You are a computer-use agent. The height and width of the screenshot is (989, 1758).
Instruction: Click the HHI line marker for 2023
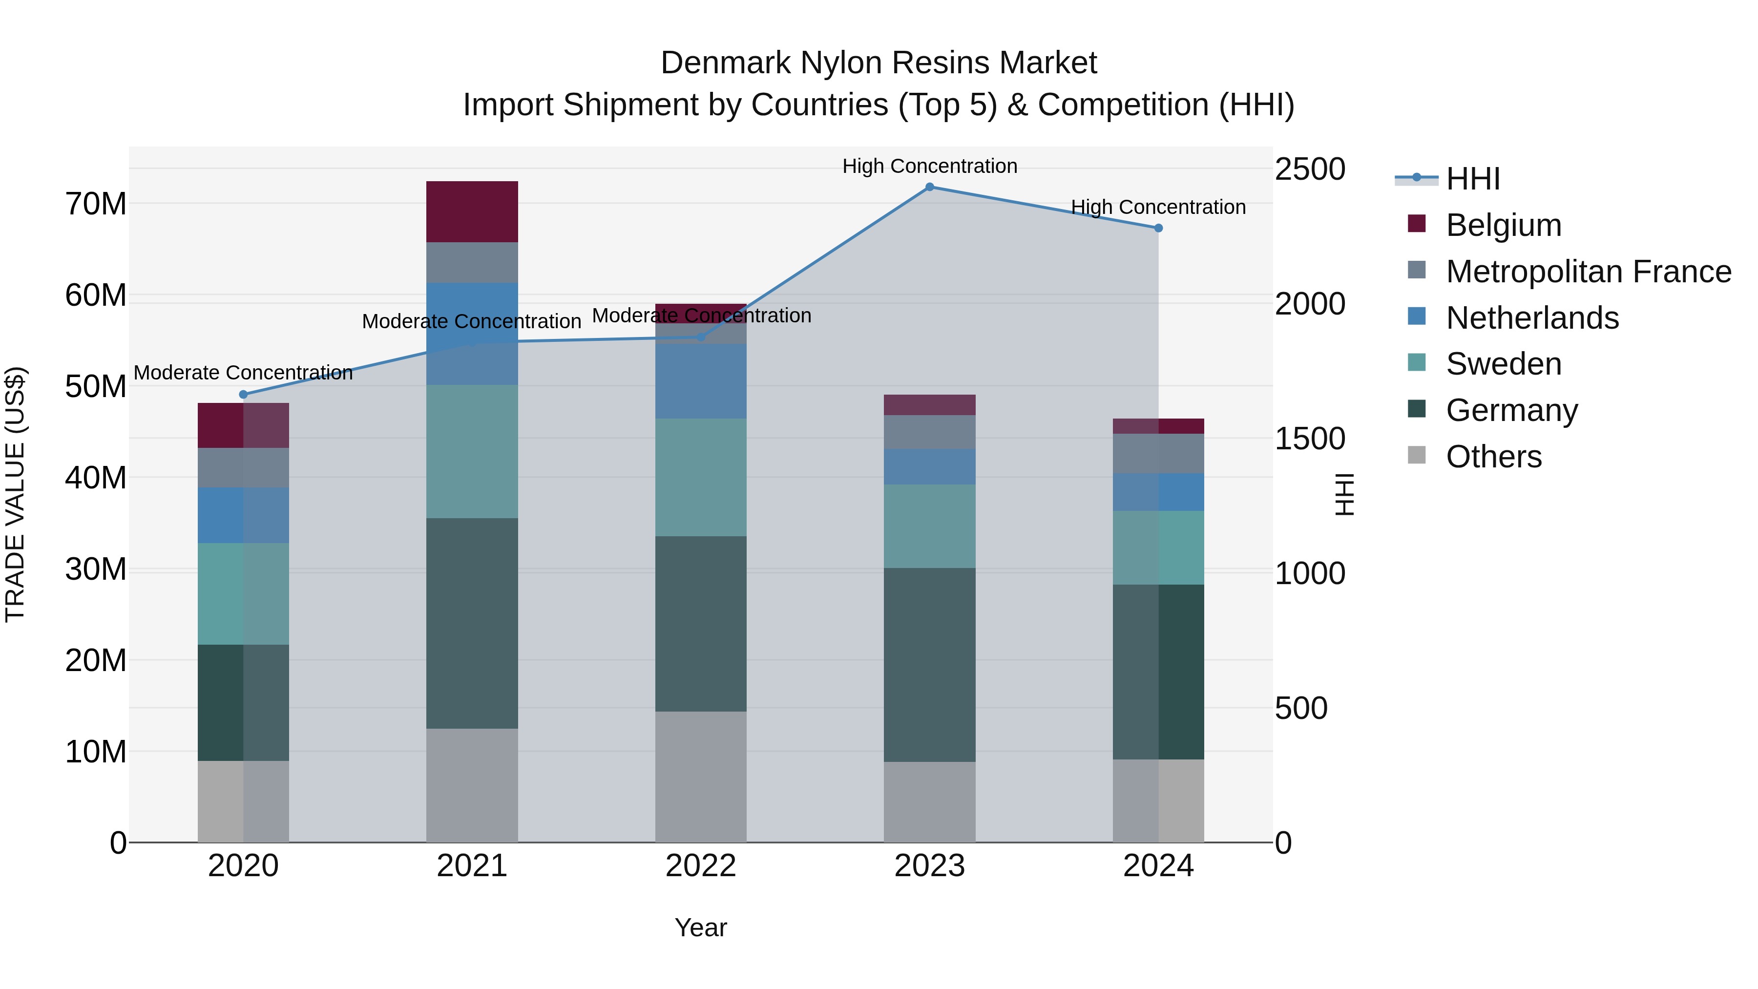coord(929,187)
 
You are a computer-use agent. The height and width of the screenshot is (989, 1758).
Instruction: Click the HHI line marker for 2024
coord(1158,228)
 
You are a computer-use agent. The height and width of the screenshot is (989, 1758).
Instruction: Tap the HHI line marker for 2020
coord(243,395)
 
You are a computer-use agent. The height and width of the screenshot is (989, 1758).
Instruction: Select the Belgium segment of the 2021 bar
coord(472,211)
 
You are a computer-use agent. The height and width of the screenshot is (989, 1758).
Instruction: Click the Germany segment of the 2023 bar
coord(929,664)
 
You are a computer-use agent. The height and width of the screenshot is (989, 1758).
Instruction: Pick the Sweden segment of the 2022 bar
coord(700,477)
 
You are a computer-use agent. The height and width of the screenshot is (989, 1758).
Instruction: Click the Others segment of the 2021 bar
coord(472,785)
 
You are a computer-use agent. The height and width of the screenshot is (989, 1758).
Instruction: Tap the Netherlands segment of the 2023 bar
coord(929,467)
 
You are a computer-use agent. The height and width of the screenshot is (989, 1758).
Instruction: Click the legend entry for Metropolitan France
coord(1588,272)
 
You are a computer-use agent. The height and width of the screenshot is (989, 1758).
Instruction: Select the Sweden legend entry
coord(1504,364)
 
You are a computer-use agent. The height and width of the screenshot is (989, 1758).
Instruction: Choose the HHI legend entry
coord(1473,179)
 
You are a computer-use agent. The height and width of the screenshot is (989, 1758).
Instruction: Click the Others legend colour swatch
coord(1416,455)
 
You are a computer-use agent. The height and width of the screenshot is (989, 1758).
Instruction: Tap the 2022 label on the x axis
coord(700,866)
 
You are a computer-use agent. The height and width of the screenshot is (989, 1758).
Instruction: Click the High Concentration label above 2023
coord(929,166)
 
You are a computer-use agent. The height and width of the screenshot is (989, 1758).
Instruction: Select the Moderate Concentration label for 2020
coord(243,373)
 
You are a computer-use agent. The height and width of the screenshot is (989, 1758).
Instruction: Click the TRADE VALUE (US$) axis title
coord(15,494)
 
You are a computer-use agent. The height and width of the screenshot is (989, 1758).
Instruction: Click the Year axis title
coord(700,927)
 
